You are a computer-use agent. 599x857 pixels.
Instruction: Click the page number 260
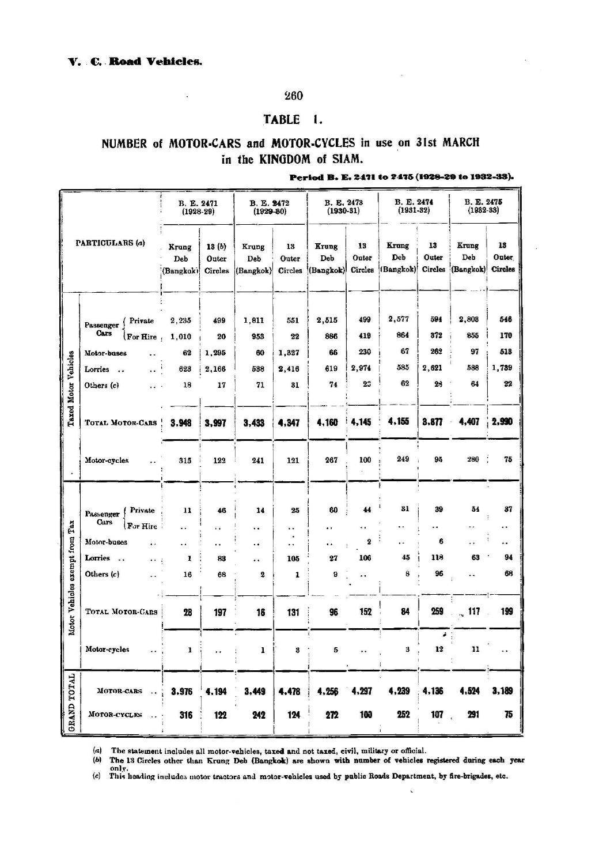294,96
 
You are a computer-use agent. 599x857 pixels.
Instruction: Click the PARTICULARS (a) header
111,243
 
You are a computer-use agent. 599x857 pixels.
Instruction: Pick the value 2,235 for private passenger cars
181,321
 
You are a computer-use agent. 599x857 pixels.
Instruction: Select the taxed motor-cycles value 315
184,460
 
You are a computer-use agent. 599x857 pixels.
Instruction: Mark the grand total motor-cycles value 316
185,715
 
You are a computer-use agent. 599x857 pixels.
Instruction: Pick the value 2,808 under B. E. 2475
469,320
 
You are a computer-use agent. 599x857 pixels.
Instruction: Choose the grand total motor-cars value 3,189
503,690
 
